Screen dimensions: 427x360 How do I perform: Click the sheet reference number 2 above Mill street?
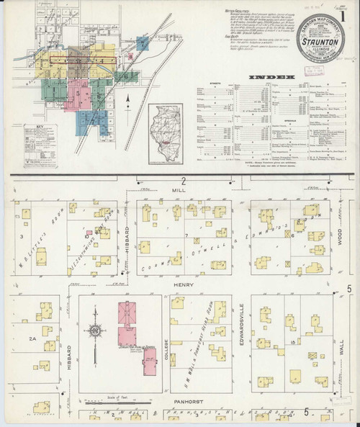click(x=184, y=181)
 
